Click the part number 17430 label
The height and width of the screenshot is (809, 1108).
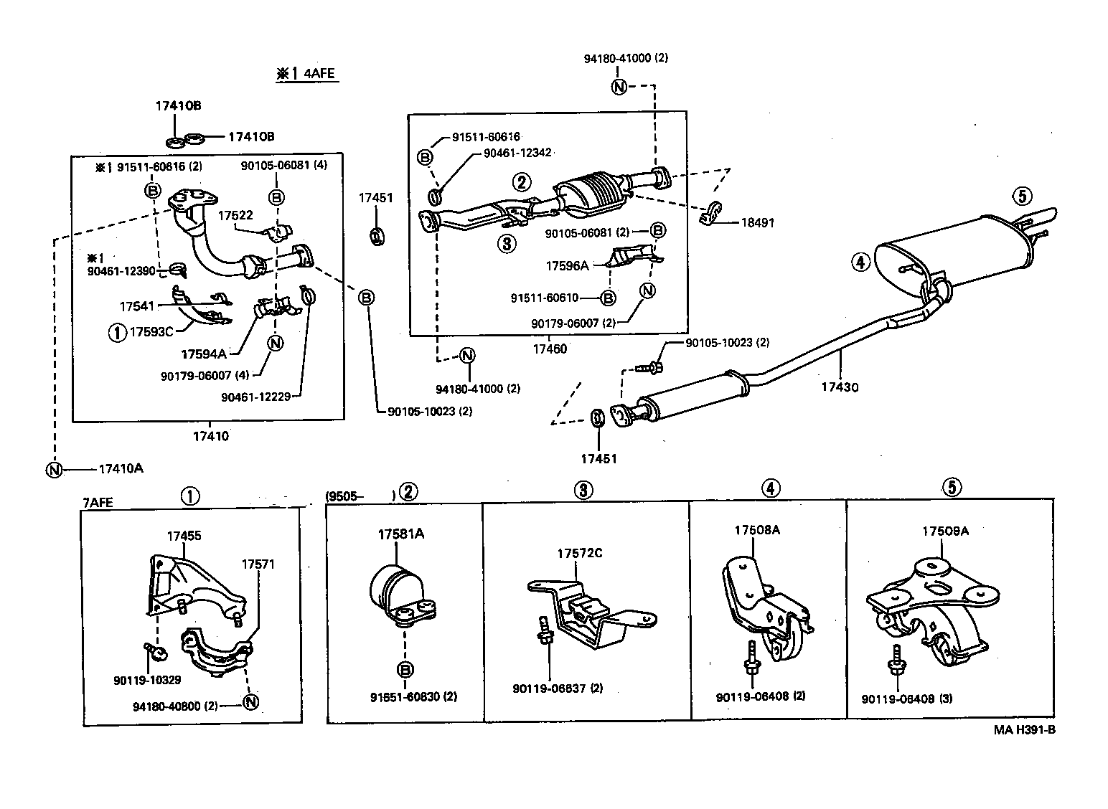coord(840,387)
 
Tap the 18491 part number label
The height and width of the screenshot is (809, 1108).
coord(757,223)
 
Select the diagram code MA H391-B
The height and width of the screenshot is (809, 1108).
coord(1024,730)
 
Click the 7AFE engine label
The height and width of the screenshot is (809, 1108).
coord(98,502)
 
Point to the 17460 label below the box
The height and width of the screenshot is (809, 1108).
coord(549,349)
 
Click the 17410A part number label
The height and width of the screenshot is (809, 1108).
coord(121,469)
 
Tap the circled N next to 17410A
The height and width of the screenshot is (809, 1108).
coord(53,470)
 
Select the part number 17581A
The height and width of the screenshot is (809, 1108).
coord(400,534)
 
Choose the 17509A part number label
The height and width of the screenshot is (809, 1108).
coord(945,531)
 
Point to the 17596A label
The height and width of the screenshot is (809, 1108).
coord(566,265)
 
